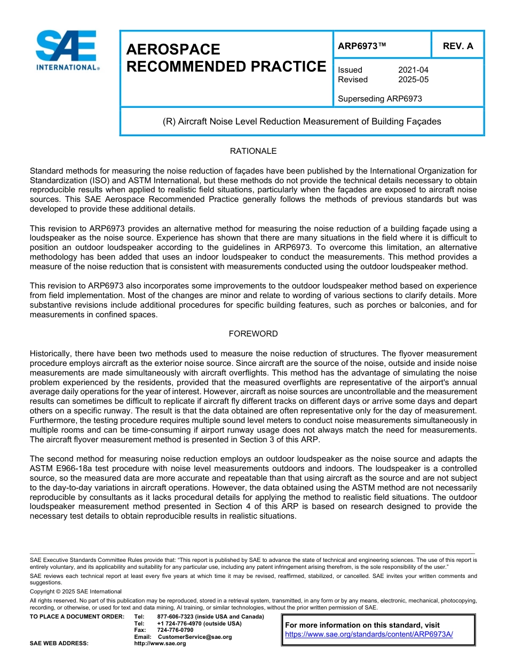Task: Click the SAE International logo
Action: [66, 50]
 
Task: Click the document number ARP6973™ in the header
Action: [362, 46]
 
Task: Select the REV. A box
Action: [458, 46]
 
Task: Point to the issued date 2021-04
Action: [413, 70]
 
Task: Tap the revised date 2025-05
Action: [413, 80]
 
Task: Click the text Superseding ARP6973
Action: [380, 99]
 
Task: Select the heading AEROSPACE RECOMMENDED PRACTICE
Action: [226, 58]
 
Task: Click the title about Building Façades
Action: [302, 121]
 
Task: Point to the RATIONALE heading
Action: [253, 151]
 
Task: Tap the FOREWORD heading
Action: [253, 334]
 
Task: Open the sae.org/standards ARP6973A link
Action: [369, 634]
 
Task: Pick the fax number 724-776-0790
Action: [175, 630]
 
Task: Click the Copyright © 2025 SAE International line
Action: [76, 591]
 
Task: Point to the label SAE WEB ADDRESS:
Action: [59, 643]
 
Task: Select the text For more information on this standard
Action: [362, 625]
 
